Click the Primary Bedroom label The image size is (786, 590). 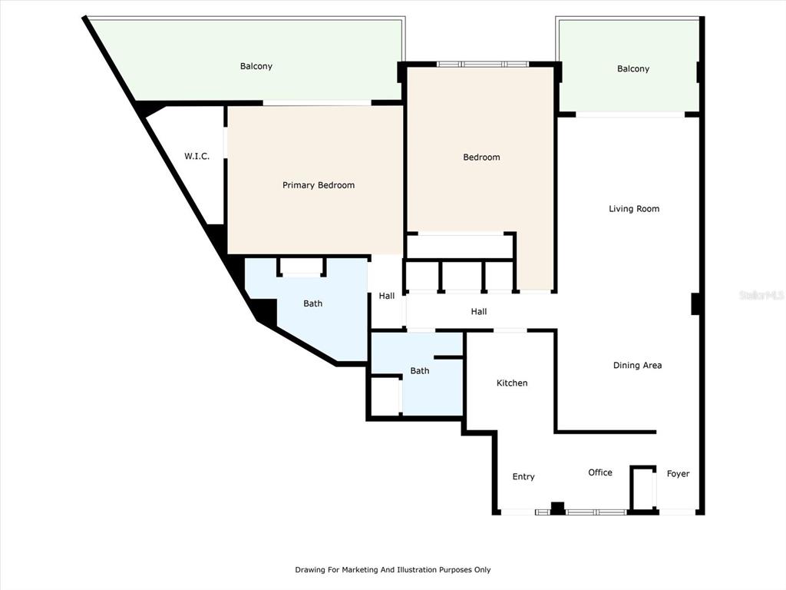tap(319, 185)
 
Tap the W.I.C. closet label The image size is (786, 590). tap(196, 156)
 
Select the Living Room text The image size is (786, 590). tap(634, 209)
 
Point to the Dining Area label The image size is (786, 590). tap(637, 365)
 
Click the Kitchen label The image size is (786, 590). tap(512, 383)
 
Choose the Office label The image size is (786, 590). tap(600, 472)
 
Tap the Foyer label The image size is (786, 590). tap(678, 473)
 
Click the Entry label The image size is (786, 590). tap(523, 476)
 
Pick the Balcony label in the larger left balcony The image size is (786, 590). tap(256, 66)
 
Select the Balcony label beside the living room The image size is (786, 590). tap(633, 68)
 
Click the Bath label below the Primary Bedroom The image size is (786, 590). tap(313, 303)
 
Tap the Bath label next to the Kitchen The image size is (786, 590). tap(420, 371)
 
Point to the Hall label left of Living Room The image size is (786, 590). tap(479, 312)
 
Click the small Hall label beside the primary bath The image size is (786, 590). tap(387, 296)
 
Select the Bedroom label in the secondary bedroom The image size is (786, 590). tap(481, 157)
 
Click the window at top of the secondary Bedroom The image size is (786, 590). tap(482, 65)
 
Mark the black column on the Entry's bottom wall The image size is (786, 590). tap(557, 509)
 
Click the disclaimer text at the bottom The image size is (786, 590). tap(392, 569)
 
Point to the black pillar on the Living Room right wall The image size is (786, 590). tap(695, 304)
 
